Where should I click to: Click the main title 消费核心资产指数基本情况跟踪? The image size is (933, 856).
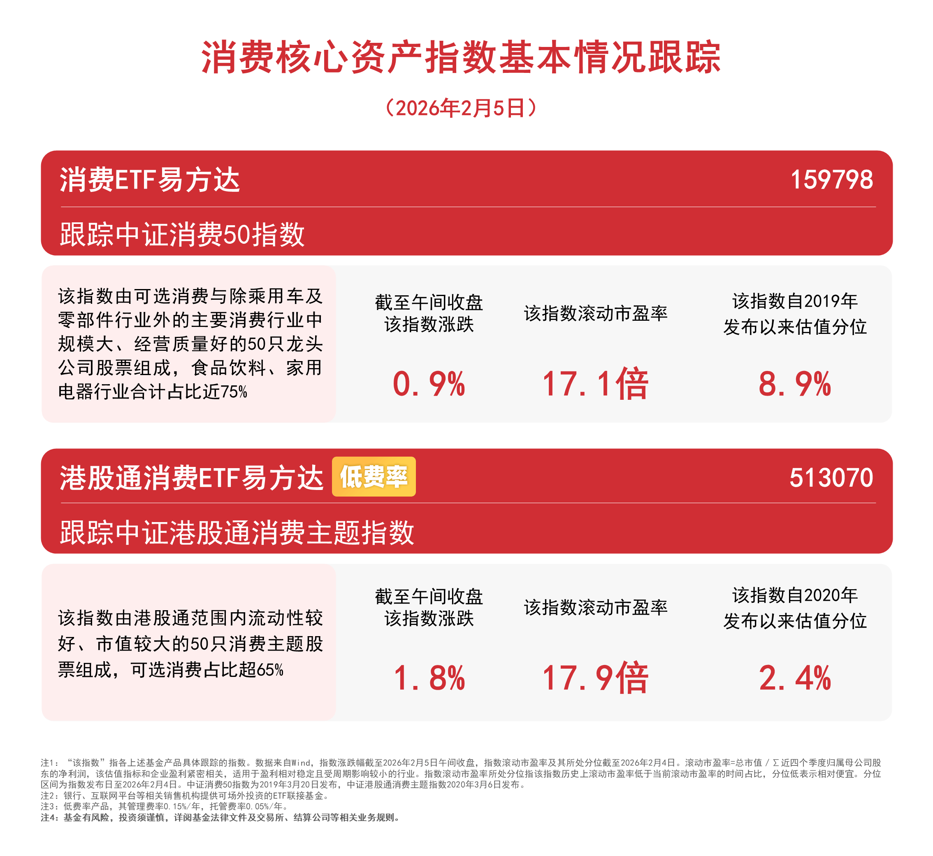461,58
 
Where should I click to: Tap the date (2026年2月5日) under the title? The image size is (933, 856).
461,108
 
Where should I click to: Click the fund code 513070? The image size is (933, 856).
831,478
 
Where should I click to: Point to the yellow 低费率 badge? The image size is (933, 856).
374,477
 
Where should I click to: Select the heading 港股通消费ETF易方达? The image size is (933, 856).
191,478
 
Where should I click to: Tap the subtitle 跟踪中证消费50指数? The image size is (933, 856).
182,234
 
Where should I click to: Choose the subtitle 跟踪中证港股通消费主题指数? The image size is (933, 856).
237,532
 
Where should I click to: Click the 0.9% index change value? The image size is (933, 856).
429,384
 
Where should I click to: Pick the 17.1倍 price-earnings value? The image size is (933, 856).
595,384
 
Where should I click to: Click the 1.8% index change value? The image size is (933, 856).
429,678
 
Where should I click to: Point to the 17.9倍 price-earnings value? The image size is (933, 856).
595,678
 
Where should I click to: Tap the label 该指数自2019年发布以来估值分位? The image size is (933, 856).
795,314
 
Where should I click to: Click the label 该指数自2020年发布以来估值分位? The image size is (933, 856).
795,608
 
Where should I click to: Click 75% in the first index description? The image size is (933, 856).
234,392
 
